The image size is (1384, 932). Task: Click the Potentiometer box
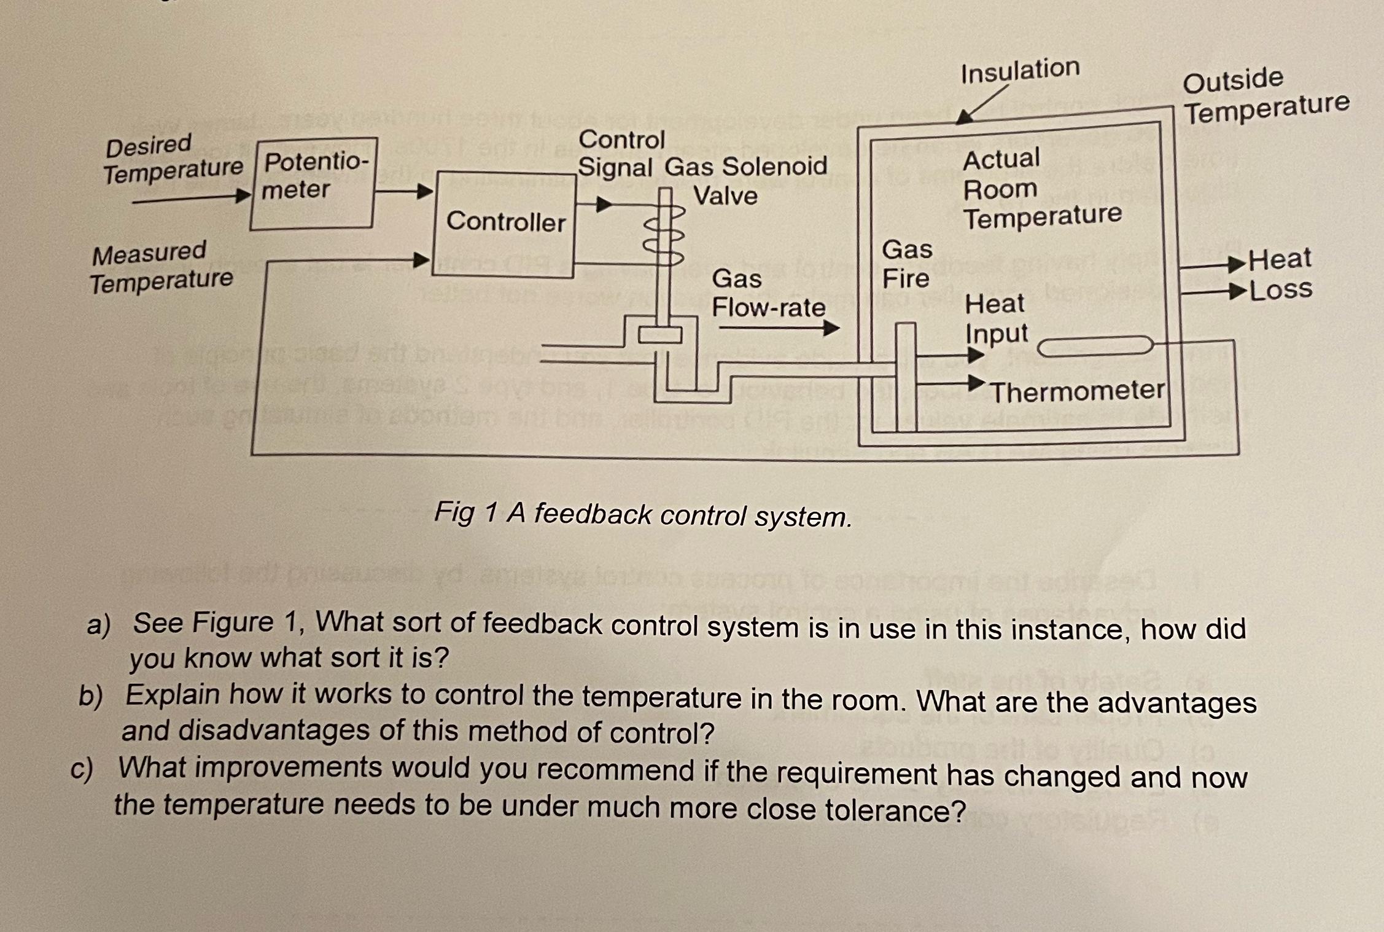point(313,183)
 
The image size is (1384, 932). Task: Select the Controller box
point(505,224)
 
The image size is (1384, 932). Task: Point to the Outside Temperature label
point(1265,96)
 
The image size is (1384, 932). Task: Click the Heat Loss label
point(1280,274)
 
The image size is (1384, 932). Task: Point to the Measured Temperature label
point(161,267)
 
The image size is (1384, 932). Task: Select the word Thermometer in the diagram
point(1078,391)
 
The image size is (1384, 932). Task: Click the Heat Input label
point(995,318)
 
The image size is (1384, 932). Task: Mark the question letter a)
point(98,625)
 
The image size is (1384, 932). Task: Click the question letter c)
point(81,769)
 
